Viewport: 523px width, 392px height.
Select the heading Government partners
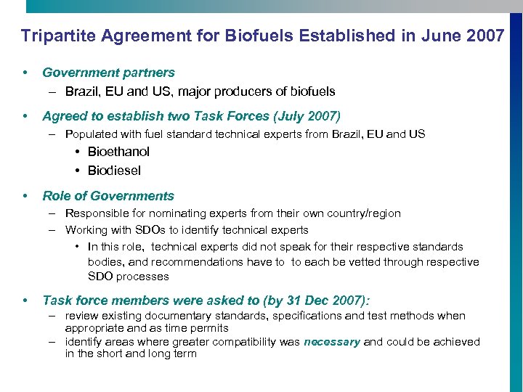108,73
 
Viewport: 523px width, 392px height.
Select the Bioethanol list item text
118,152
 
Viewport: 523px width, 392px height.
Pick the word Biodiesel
114,171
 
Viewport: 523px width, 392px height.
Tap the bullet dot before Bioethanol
77,152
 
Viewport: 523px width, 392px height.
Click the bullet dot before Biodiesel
77,171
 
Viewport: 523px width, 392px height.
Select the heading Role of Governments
108,196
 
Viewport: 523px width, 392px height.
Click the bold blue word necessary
331,342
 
